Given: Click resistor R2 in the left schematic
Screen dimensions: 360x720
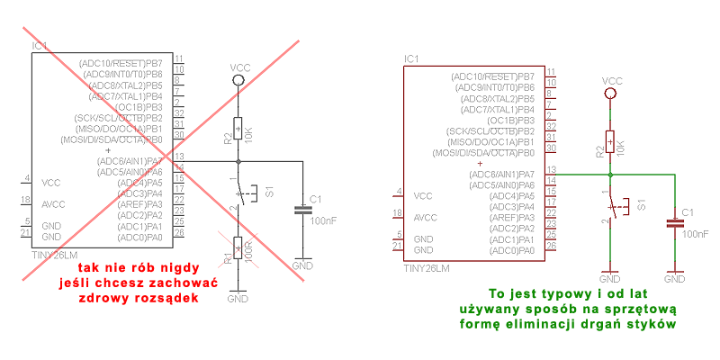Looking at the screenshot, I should (x=238, y=130).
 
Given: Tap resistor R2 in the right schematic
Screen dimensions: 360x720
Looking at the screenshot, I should (x=610, y=141).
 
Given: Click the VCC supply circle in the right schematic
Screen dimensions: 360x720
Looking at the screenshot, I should (x=610, y=92).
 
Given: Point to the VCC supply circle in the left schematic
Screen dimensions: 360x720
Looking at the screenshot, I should (x=238, y=80).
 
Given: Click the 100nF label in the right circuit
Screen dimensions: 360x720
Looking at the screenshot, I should (x=695, y=233).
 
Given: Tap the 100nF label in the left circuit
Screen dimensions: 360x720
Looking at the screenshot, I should (x=322, y=220).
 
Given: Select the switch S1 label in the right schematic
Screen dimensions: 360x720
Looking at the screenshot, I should (x=641, y=204).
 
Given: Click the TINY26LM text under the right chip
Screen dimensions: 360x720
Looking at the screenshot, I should (x=426, y=267).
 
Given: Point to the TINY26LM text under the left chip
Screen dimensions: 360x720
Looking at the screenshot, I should (x=54, y=255).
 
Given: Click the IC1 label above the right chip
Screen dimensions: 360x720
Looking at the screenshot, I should (x=411, y=58).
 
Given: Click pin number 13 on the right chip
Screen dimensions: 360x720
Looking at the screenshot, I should (x=550, y=169).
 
